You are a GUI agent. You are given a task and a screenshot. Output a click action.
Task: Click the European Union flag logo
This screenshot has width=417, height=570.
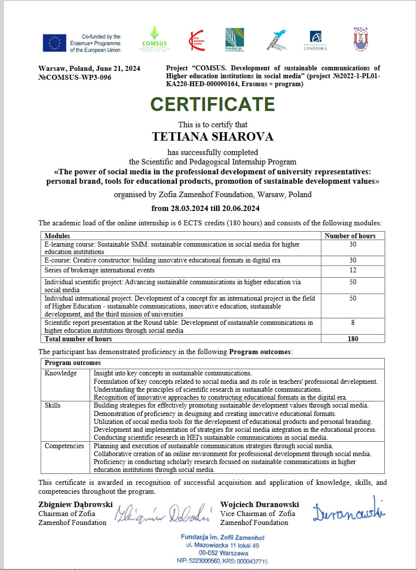coord(54,43)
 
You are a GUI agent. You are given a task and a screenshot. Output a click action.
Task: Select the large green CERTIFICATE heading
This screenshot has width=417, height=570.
coord(212,104)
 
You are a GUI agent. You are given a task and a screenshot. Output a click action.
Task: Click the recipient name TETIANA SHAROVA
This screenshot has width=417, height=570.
coord(212,136)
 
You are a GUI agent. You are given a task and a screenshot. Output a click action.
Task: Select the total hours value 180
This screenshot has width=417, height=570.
coord(353,339)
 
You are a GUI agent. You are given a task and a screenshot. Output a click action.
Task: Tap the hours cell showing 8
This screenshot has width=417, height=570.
coord(353,322)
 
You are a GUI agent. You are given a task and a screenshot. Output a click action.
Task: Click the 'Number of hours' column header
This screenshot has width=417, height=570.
coord(350,236)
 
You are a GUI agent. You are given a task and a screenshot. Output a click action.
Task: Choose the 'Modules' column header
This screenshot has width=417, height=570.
coord(57,236)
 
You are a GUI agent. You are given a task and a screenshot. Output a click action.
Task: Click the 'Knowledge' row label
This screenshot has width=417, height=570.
coord(60,373)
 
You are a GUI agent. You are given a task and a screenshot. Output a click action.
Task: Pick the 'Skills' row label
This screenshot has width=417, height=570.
coord(52,405)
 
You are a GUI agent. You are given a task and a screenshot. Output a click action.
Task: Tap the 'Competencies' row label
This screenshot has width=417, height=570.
coord(64,446)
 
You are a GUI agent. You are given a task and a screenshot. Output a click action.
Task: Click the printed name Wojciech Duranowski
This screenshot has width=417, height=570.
coord(260,504)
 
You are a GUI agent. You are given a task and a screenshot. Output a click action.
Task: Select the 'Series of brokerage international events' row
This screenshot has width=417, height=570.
coord(100,270)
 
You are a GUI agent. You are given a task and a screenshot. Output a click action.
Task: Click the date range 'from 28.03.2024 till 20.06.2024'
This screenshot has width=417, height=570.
coord(205,208)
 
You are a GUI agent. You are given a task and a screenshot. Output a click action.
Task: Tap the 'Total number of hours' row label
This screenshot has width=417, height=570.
coord(78,339)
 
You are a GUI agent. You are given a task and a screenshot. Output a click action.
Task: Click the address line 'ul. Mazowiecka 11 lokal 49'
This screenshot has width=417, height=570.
coord(222,545)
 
